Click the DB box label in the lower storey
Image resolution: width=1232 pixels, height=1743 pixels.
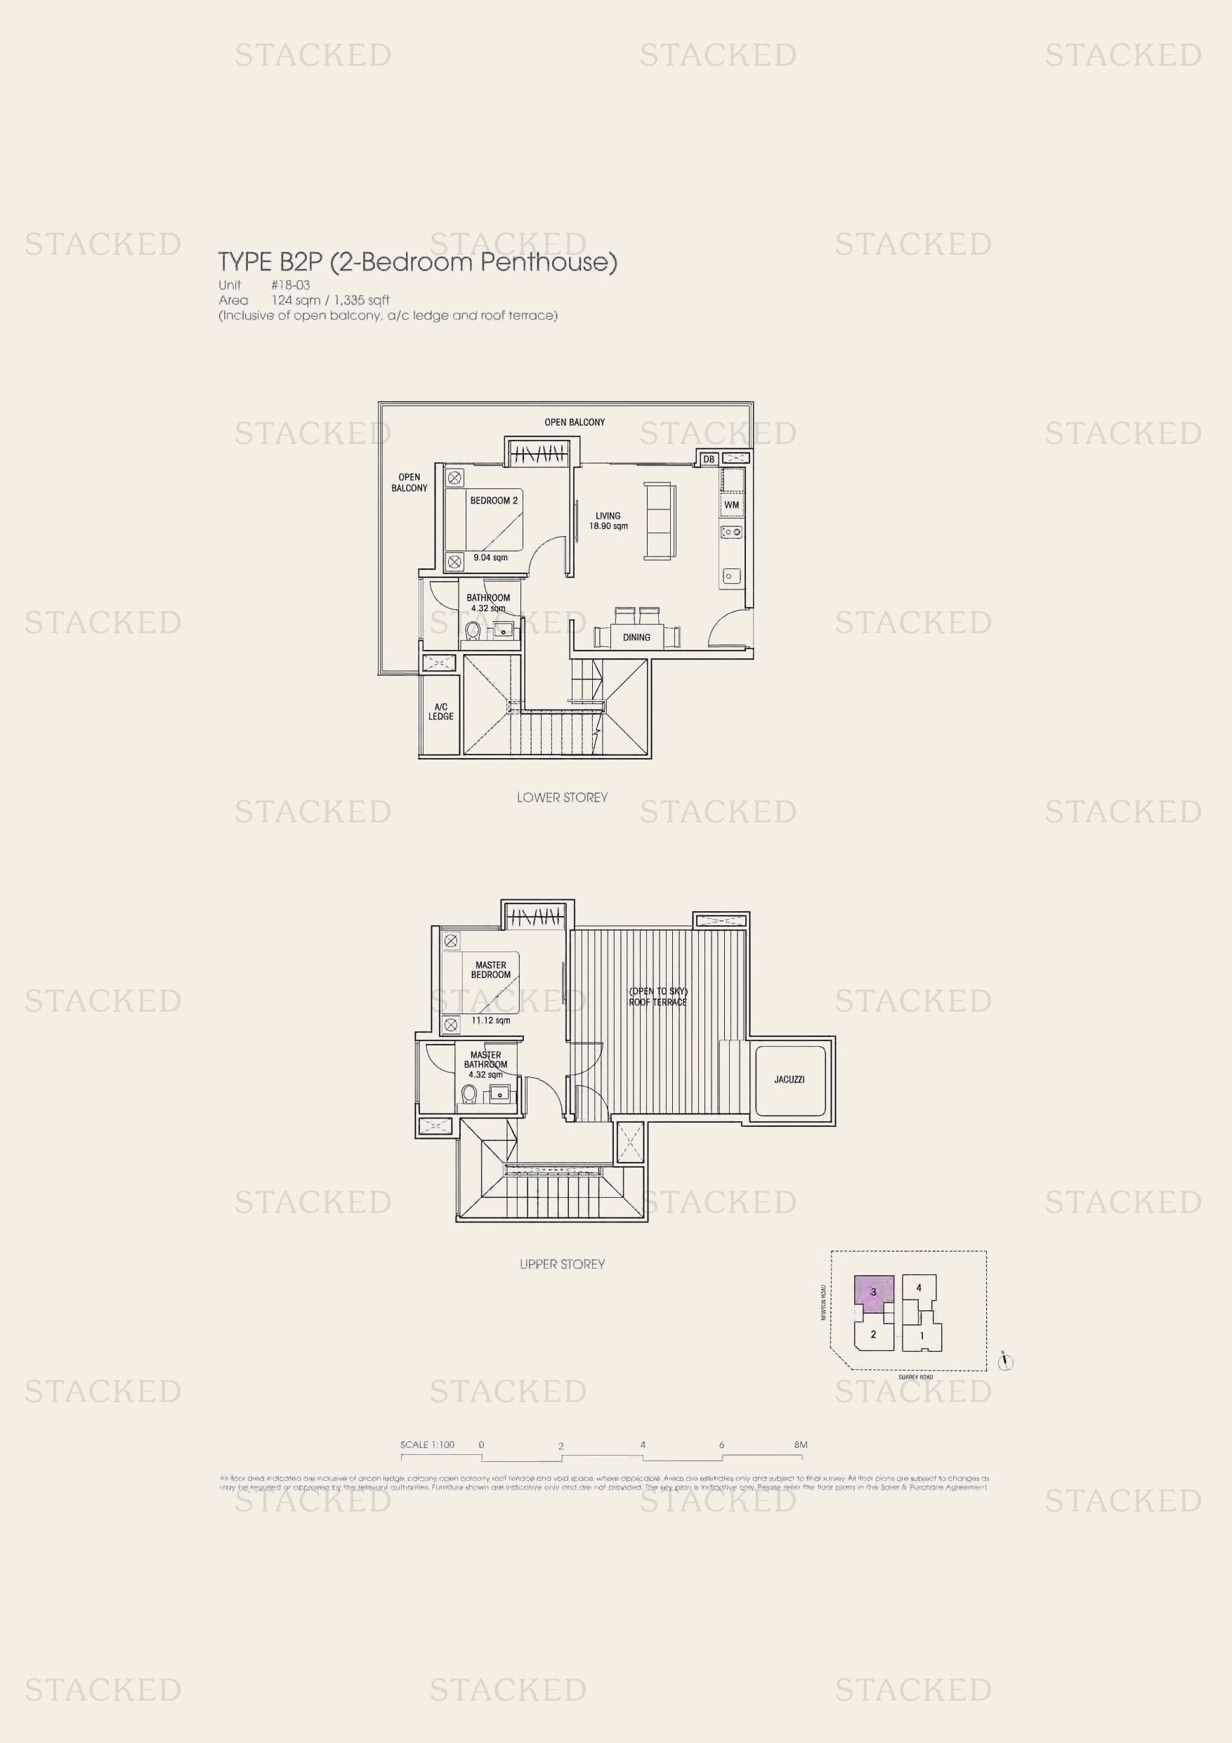[x=708, y=459]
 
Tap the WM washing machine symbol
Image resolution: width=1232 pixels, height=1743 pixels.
[x=732, y=505]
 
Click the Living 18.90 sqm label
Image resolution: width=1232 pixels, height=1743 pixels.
[x=608, y=521]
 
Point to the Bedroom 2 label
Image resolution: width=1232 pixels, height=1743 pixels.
[x=493, y=500]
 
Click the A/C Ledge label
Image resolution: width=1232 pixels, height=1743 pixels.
[x=440, y=711]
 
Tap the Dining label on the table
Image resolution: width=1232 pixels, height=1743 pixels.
[x=636, y=637]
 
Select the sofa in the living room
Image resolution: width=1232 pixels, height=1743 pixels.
[x=658, y=521]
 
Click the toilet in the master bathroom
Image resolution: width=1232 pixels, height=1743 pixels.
[x=469, y=1094]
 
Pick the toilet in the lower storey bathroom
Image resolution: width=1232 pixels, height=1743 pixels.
[x=473, y=629]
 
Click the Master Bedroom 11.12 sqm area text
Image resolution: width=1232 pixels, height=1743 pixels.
[x=490, y=1020]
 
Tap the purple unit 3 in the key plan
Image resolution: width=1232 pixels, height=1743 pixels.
[x=873, y=1291]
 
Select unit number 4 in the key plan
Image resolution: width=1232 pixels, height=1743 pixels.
[x=919, y=1288]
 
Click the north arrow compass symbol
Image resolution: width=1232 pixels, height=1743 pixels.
[x=1005, y=1363]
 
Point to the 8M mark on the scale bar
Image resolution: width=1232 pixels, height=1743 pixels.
[x=800, y=1444]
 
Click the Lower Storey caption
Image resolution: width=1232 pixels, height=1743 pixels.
[x=562, y=797]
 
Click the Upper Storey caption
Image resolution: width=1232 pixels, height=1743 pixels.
[x=562, y=1264]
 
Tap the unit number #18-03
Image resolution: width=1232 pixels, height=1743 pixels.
[x=291, y=285]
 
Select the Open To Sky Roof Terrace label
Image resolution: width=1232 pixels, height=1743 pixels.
[x=657, y=997]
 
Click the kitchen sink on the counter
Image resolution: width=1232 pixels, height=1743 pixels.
[x=730, y=576]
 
